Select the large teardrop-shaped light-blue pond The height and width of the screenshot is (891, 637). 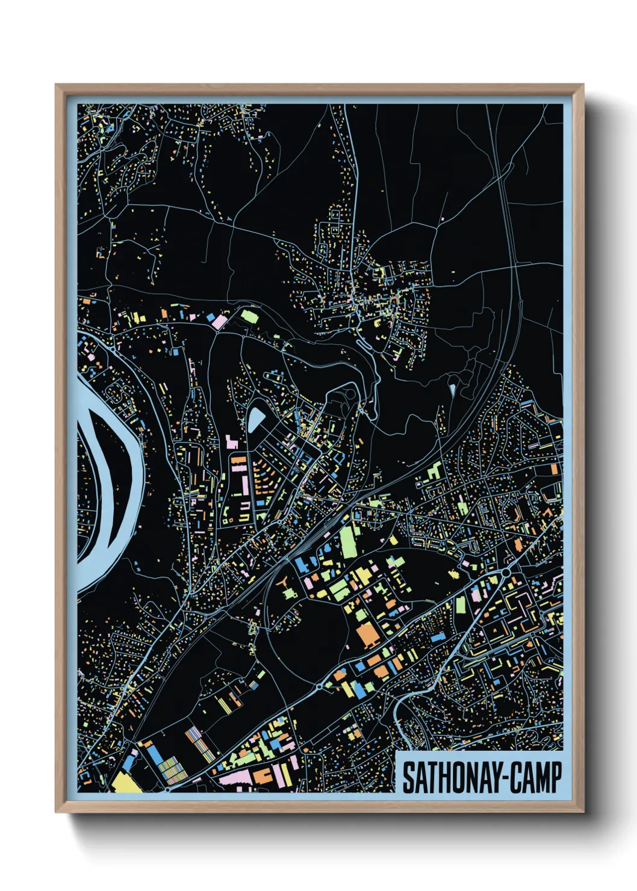[255, 419]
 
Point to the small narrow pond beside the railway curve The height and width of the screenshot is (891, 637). [452, 390]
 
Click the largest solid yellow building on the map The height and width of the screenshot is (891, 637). [126, 782]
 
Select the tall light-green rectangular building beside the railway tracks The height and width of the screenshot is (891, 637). [348, 541]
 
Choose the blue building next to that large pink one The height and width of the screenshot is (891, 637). [211, 315]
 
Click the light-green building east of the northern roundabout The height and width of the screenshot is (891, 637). [249, 314]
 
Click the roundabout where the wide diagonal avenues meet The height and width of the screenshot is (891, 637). [506, 571]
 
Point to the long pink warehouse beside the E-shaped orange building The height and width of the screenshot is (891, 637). [235, 779]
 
